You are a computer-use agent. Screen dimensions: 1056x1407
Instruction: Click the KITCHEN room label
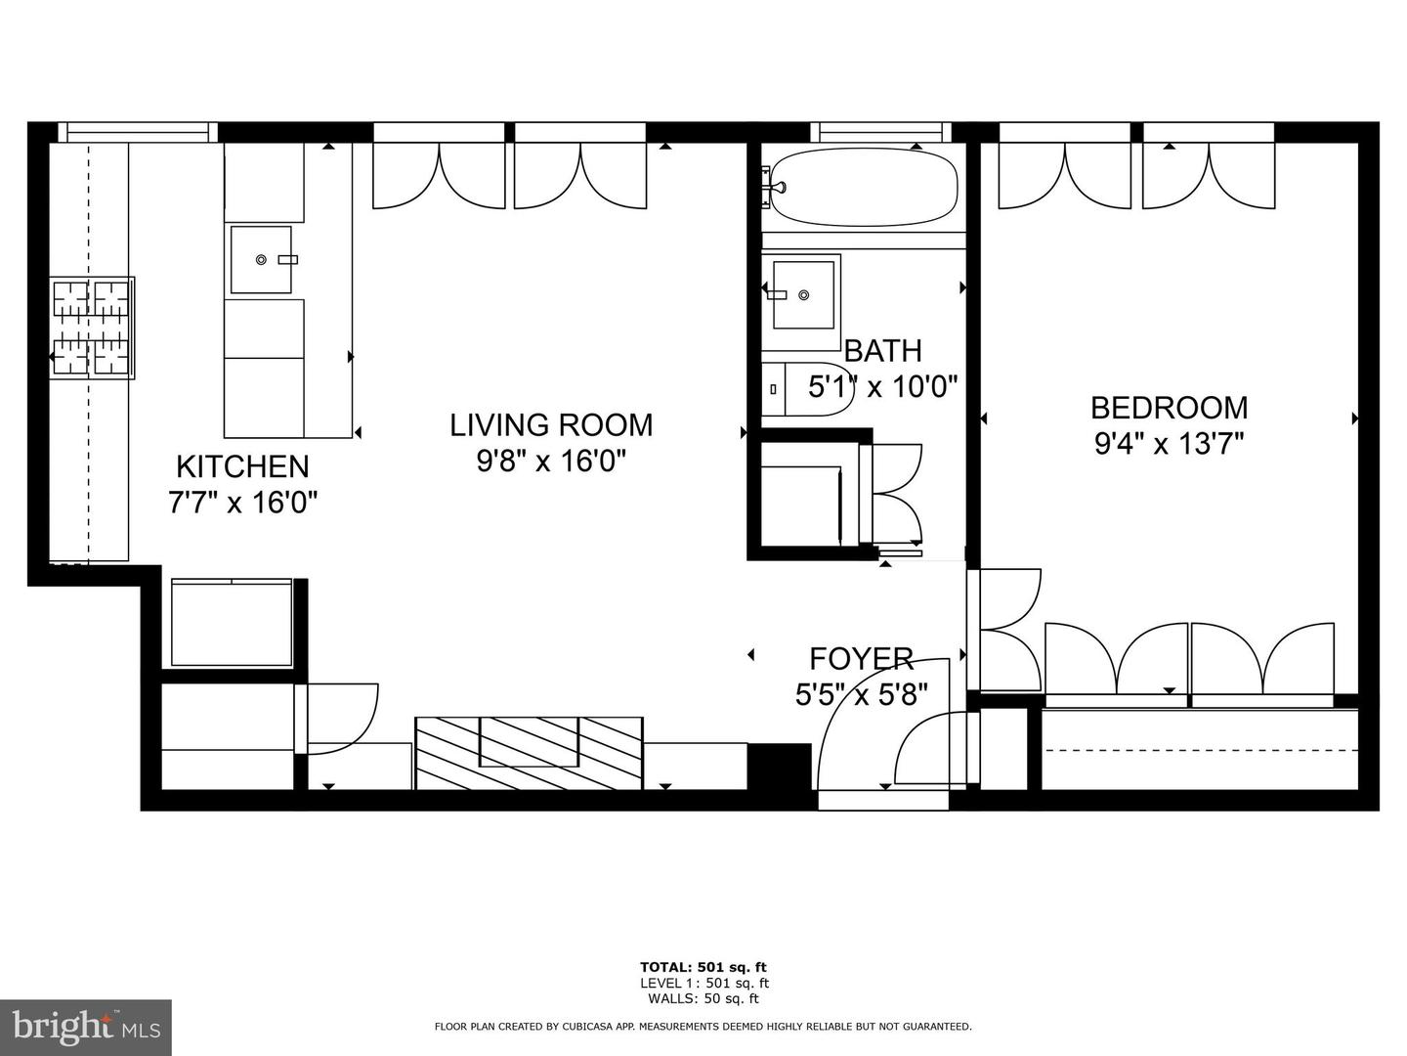click(242, 466)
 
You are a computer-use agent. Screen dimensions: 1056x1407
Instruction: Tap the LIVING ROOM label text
click(551, 425)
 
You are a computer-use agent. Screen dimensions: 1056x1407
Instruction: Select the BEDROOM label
click(1169, 407)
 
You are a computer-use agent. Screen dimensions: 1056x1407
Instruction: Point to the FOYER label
click(861, 658)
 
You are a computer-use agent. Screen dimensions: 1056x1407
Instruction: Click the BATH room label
click(882, 350)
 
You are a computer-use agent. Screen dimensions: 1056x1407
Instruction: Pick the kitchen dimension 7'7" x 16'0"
click(242, 503)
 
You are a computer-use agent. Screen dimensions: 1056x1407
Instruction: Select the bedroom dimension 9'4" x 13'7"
click(1169, 444)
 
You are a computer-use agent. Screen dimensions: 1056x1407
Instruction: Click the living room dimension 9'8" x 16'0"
click(551, 461)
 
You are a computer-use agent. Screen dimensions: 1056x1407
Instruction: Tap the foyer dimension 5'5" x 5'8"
click(861, 694)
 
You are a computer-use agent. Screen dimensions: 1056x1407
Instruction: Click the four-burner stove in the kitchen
click(92, 329)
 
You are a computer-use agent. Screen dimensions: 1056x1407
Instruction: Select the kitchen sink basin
click(261, 259)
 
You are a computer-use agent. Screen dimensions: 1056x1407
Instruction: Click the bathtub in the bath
click(864, 186)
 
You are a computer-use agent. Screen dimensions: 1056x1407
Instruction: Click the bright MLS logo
click(85, 1027)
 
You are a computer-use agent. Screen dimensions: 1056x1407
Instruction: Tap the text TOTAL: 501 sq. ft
click(703, 967)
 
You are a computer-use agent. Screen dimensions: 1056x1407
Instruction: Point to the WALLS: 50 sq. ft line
click(703, 998)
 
